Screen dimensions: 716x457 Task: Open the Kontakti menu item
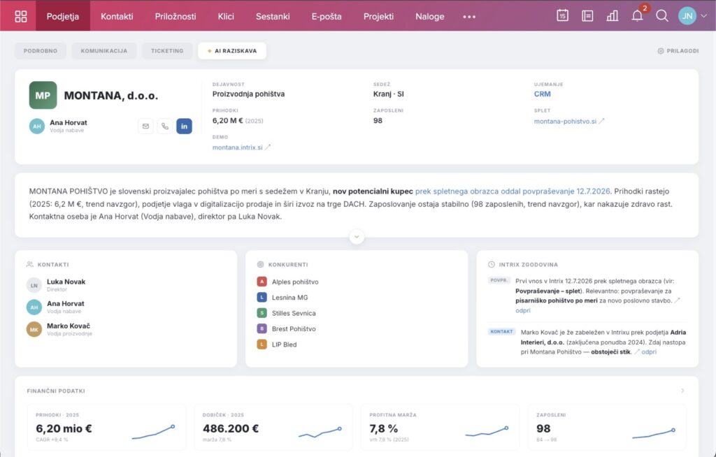(x=117, y=17)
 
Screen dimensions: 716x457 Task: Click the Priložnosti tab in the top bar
(x=176, y=17)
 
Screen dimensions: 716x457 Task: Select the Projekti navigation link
(x=378, y=17)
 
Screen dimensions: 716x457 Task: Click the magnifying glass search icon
(x=662, y=16)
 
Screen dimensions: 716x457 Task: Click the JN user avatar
(x=687, y=16)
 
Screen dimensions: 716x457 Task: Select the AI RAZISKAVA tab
(x=232, y=51)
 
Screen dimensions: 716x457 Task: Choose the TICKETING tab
(x=167, y=51)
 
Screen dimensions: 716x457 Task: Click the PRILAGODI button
(x=678, y=51)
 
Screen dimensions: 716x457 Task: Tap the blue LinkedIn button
(x=184, y=126)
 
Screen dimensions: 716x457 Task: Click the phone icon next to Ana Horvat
(x=165, y=126)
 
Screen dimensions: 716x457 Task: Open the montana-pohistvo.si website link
(x=565, y=122)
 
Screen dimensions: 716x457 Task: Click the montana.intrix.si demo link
(x=238, y=147)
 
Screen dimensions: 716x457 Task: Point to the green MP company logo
(x=43, y=95)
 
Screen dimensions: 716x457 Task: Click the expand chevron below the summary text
(x=357, y=236)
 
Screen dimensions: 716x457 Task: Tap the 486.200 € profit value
(x=231, y=428)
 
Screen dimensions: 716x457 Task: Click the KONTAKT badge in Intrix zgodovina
(x=501, y=331)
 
